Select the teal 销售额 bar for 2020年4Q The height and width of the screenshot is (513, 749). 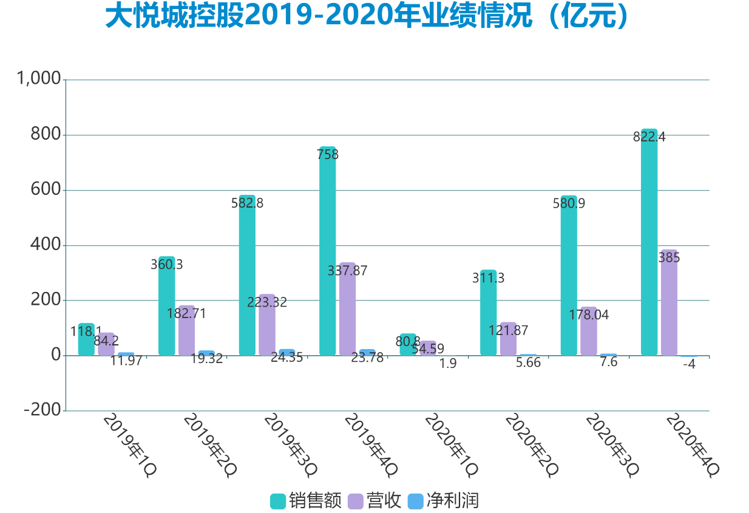[x=649, y=243]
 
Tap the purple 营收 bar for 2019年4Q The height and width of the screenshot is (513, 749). [x=347, y=310]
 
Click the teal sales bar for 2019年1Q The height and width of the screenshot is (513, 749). [x=86, y=340]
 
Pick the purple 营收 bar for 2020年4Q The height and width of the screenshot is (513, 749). [x=669, y=304]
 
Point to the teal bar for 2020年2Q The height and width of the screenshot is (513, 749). [x=488, y=313]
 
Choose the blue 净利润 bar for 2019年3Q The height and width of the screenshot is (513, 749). [x=287, y=352]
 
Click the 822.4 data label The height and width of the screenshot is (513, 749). [x=649, y=137]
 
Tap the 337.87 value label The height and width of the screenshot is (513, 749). [x=347, y=271]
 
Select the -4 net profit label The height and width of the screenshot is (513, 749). [x=689, y=365]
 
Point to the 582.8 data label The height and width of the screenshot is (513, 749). [x=247, y=203]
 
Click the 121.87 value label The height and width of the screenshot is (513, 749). [x=508, y=331]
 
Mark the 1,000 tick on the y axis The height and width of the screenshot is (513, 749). [x=39, y=79]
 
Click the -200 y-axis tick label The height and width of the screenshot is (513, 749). [x=42, y=410]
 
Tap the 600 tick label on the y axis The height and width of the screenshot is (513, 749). [x=46, y=189]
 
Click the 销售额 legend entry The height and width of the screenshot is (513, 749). [x=306, y=501]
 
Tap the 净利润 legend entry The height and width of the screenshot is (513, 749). [x=444, y=501]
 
